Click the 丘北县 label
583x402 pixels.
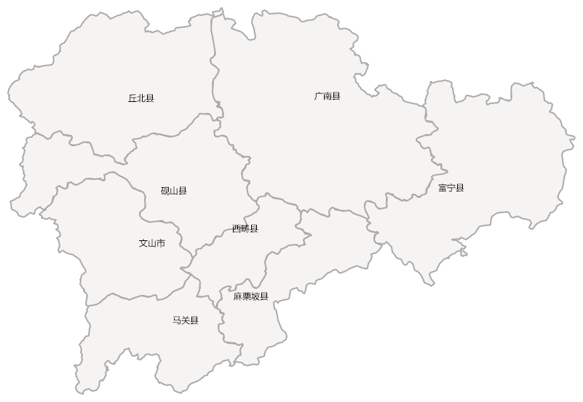click(x=141, y=98)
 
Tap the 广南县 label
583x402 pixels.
click(x=328, y=96)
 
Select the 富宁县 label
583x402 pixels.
click(x=451, y=188)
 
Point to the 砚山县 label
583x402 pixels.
click(x=174, y=192)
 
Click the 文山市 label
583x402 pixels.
click(x=151, y=243)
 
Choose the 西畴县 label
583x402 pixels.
click(x=245, y=229)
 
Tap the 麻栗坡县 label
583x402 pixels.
click(x=251, y=296)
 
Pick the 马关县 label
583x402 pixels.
click(x=186, y=320)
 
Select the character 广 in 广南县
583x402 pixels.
click(x=319, y=96)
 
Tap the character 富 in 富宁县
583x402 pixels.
click(x=443, y=188)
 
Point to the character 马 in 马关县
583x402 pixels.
click(x=177, y=320)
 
